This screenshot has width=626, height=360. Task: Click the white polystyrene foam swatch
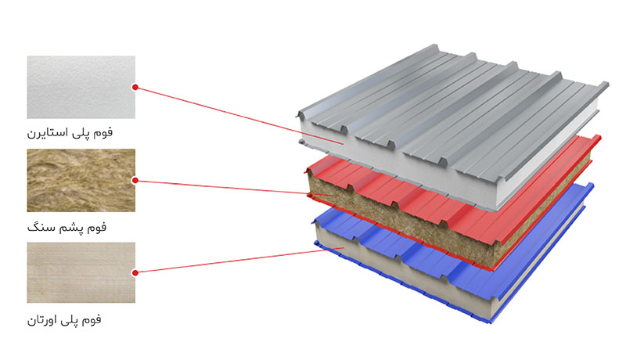click(81, 87)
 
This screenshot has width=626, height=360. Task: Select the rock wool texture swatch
click(81, 181)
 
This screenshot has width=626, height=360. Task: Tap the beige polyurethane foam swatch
click(81, 272)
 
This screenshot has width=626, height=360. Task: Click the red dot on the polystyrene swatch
click(135, 87)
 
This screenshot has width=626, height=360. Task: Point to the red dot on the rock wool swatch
click(135, 181)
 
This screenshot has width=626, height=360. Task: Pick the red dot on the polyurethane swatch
click(135, 272)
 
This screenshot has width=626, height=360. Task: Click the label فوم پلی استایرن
click(70, 132)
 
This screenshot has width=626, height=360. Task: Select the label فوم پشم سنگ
click(67, 227)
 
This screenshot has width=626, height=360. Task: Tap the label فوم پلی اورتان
click(64, 319)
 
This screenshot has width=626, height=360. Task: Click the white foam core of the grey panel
click(399, 167)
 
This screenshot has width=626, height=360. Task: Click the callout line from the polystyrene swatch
click(239, 115)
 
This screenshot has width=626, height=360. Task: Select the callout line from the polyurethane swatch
click(239, 261)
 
